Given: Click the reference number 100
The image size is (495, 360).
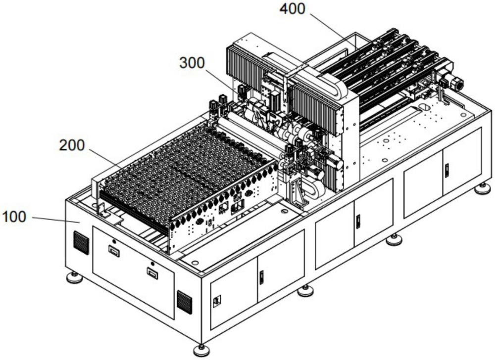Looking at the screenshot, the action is [14, 217].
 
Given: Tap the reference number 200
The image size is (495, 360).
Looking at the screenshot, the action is [72, 145].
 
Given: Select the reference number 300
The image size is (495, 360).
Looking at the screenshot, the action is [192, 63].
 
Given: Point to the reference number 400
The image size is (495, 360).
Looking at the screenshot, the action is [293, 9].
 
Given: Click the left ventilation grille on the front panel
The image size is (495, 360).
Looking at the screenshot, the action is [81, 242].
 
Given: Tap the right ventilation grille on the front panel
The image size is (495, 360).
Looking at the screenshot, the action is [184, 302].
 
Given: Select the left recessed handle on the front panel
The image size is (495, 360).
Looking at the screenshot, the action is [114, 252].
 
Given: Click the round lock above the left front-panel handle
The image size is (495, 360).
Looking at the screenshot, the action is [114, 241].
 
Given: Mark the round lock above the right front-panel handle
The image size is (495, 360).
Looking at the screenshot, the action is [152, 263].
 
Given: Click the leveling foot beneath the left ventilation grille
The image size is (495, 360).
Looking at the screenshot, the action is [75, 277].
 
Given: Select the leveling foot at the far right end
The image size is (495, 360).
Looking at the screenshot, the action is [483, 188].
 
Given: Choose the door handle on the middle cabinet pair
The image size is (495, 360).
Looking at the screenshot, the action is [358, 222].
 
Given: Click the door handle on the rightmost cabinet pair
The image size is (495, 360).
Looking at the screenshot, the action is [446, 170].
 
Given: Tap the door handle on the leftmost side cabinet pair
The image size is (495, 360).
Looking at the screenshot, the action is [261, 277].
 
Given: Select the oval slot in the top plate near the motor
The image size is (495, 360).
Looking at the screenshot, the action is [423, 106].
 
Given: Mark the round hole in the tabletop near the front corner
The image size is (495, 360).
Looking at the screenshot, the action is [195, 262].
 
